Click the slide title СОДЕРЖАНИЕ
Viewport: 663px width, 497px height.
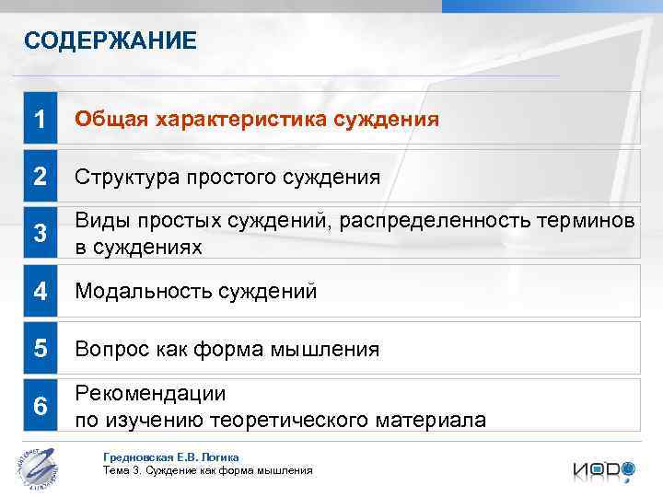coord(110,40)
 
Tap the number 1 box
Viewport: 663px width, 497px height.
coord(40,120)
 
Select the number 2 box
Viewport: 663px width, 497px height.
coord(40,177)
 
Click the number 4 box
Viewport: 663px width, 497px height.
coord(40,292)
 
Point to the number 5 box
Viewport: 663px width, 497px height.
coord(40,349)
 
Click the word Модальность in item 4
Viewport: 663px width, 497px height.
coord(143,292)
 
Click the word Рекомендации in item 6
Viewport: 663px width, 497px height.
coord(150,394)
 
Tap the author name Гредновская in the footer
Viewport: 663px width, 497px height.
coord(138,457)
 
